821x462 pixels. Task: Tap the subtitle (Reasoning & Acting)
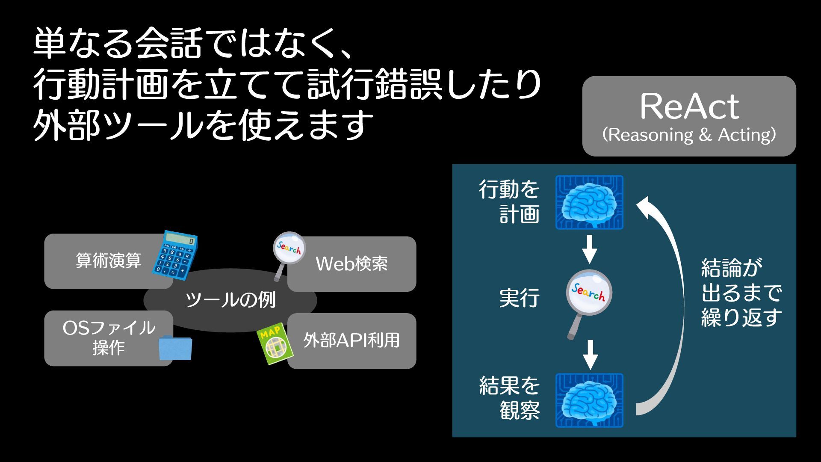tap(689, 135)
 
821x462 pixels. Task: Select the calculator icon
tap(175, 255)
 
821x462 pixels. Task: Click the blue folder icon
tap(175, 348)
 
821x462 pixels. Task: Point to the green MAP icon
tap(275, 344)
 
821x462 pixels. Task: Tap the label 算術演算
tap(108, 260)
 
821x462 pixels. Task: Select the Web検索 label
tap(351, 264)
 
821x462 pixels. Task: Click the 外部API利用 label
tap(351, 341)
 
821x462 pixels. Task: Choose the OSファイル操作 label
tap(108, 338)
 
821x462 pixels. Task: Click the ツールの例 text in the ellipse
tap(230, 300)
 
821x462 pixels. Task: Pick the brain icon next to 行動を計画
tap(589, 202)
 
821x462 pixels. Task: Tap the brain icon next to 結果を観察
tap(589, 400)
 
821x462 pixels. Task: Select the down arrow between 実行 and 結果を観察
tap(590, 355)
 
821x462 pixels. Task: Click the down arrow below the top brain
tap(590, 249)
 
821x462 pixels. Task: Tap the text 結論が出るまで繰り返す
tap(741, 293)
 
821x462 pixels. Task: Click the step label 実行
tap(519, 298)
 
